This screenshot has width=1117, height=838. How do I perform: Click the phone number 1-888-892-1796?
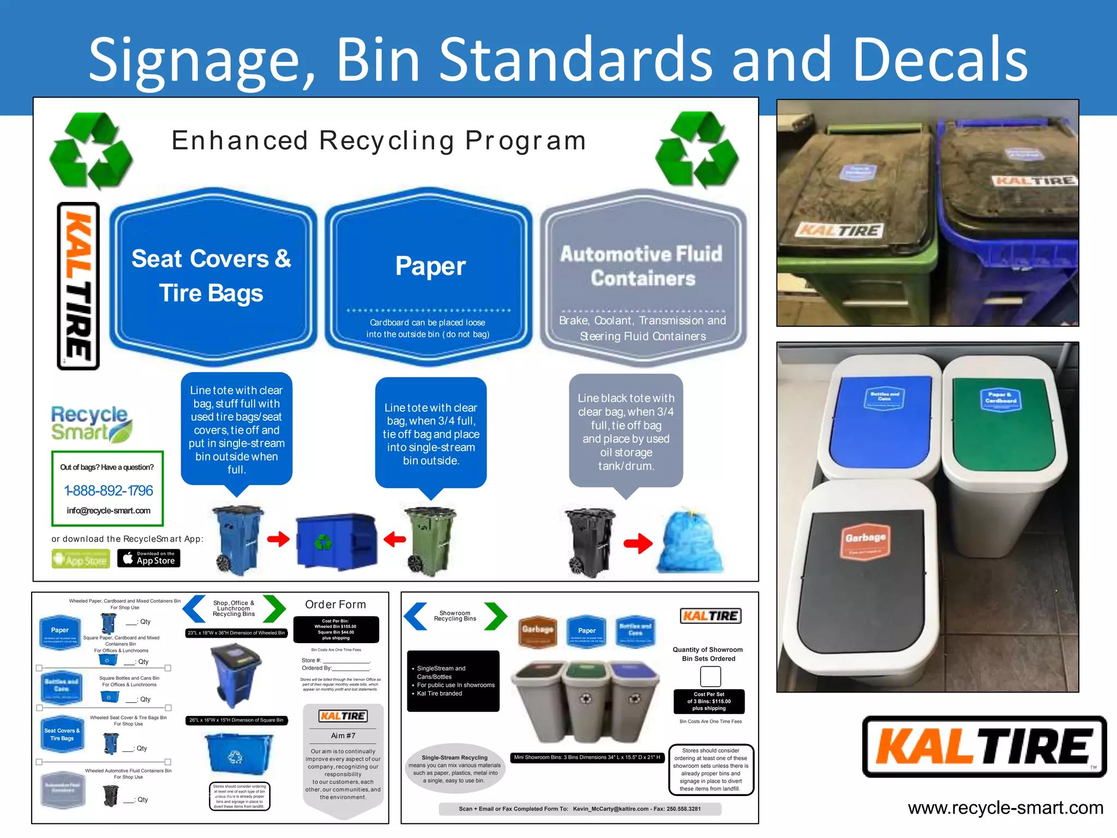109,490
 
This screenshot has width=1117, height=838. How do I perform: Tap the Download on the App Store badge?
148,558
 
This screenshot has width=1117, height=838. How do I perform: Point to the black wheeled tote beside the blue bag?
590,542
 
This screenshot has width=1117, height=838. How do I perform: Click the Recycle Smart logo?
91,423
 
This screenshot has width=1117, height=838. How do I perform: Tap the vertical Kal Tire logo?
79,286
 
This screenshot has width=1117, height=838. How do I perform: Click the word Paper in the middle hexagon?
430,266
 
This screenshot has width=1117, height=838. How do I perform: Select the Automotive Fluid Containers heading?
642,266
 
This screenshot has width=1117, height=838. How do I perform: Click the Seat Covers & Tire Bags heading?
212,276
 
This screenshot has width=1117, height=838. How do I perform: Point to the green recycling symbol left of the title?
91,150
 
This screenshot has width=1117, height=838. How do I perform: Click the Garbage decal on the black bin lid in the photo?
865,539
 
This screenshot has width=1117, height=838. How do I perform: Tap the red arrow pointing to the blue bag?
638,543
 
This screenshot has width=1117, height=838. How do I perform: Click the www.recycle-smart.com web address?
1005,807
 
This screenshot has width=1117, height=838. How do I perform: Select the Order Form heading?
335,604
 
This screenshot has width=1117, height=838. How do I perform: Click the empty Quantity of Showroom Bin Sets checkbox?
710,677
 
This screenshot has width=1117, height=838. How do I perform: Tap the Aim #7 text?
343,735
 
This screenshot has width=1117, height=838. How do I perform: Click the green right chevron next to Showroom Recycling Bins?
495,616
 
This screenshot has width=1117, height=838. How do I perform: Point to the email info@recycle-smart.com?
109,511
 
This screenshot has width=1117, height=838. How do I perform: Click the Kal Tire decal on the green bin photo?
839,230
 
